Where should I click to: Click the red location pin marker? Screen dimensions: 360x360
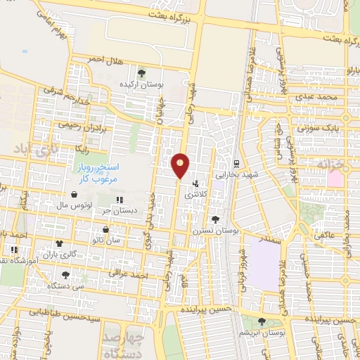180,165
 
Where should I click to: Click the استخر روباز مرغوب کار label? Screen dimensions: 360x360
99,173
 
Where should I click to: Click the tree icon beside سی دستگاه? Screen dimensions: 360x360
65,275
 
